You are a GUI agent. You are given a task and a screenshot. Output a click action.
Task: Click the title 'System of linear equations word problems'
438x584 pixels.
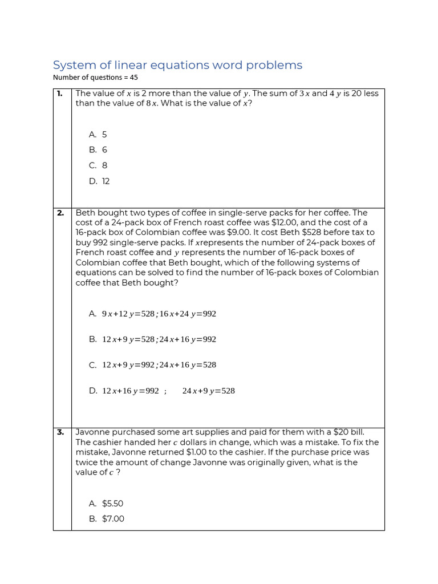177,65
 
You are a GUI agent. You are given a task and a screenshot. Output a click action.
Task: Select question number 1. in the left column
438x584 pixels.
60,94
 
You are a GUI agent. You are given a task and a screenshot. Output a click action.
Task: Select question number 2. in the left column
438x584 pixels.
60,213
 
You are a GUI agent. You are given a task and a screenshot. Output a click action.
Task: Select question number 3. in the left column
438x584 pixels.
60,432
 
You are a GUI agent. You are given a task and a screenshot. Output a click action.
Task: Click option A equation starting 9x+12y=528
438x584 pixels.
159,314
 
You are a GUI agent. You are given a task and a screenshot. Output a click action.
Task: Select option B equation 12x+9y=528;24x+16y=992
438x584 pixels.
159,339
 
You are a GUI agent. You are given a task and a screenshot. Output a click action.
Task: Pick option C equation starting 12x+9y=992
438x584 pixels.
159,365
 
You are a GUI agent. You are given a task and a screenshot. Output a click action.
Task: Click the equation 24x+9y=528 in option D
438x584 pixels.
208,391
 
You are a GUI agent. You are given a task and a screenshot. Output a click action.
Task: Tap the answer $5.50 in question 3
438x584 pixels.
112,504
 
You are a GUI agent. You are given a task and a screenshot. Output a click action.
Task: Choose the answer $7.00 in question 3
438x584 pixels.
113,519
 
